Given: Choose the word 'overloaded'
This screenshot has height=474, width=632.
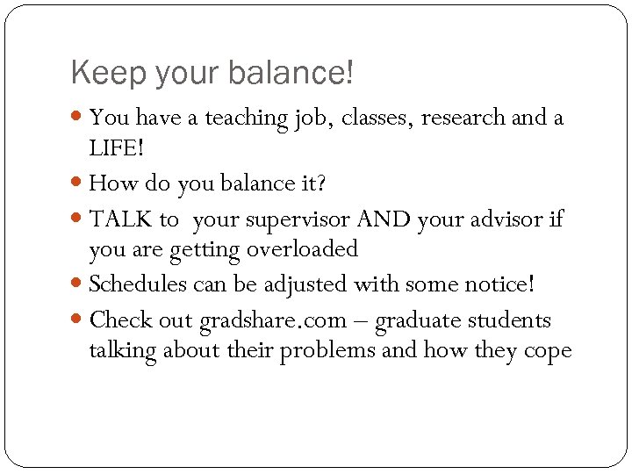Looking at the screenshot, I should (303, 250).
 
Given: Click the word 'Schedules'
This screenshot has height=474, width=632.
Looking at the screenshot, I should (140, 284).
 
